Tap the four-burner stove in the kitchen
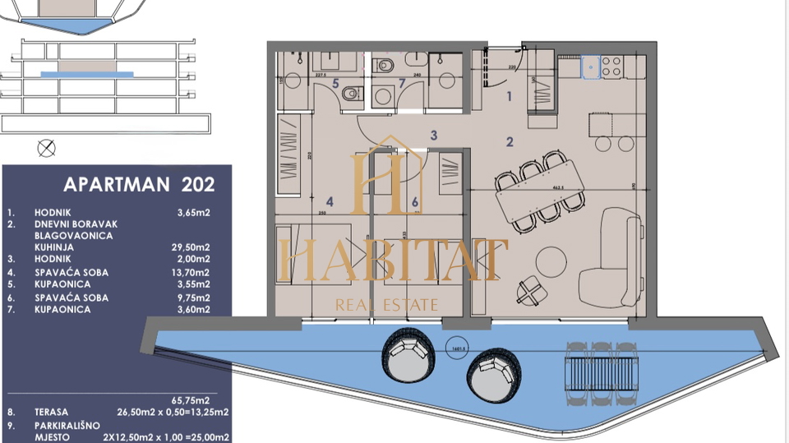point(612,67)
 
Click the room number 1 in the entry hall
point(509,96)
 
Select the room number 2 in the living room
point(510,142)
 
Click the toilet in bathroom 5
point(351,94)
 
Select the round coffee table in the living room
point(551,262)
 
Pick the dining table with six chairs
point(540,196)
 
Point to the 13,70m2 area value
point(193,272)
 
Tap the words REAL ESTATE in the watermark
point(387,305)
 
